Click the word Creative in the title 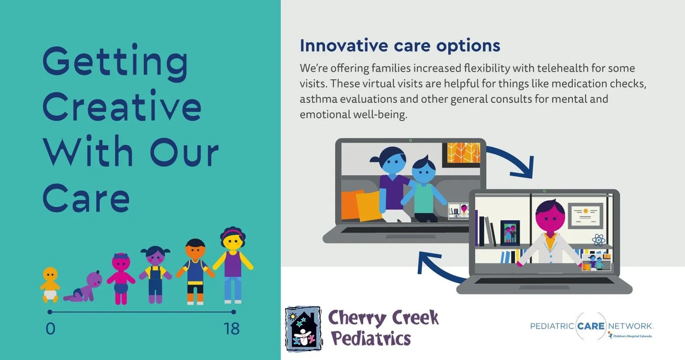click(x=122, y=106)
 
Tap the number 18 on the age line click(x=232, y=329)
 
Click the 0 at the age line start click(x=50, y=329)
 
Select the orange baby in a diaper click(x=50, y=285)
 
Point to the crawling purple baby click(x=84, y=286)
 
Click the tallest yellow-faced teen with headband click(x=233, y=265)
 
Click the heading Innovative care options click(x=400, y=46)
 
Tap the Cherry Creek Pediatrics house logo click(x=303, y=329)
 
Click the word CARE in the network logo click(x=591, y=326)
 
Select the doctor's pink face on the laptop click(x=551, y=217)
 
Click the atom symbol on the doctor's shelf click(x=598, y=240)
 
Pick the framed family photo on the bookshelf click(x=510, y=233)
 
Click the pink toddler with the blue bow click(x=121, y=279)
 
